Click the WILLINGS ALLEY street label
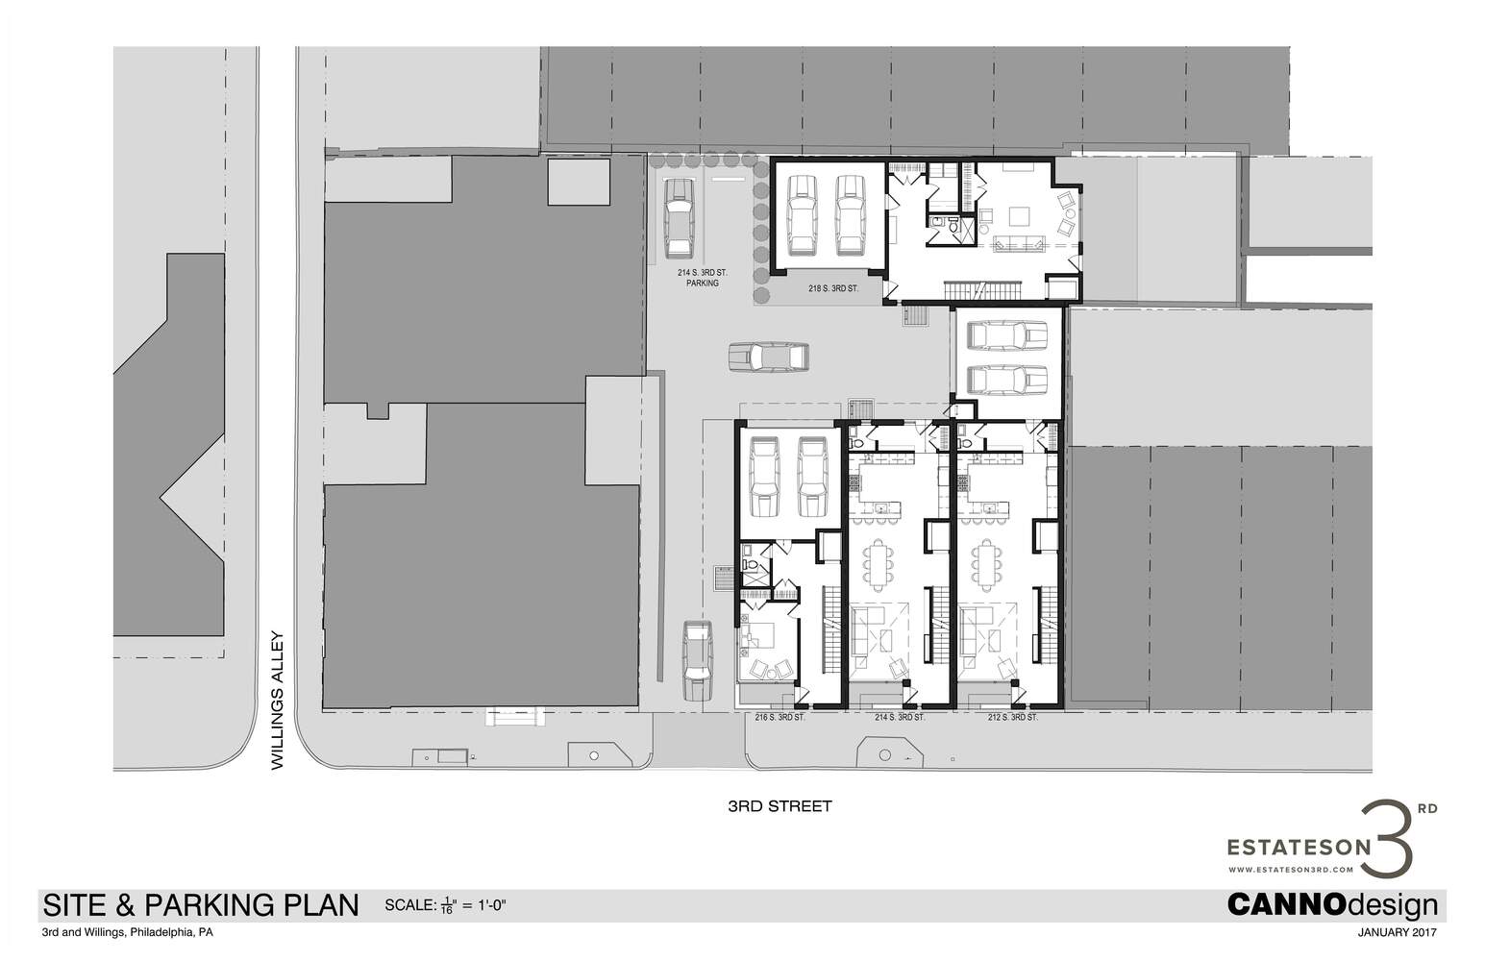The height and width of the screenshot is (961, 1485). click(x=278, y=700)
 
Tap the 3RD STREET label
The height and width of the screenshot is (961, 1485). click(x=780, y=806)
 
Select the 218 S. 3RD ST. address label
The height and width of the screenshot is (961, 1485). click(x=833, y=288)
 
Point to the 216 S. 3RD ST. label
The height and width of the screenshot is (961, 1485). click(x=780, y=717)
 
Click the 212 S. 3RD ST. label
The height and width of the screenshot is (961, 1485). click(x=1013, y=717)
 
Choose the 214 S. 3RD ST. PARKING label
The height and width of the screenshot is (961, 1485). click(x=702, y=278)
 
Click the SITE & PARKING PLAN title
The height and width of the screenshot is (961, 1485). click(x=201, y=905)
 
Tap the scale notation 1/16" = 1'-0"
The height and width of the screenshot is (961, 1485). click(x=446, y=905)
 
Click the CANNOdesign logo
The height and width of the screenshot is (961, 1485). click(x=1332, y=904)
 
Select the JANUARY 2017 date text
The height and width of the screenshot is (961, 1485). click(x=1397, y=932)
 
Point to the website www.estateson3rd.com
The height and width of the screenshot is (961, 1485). click(x=1290, y=869)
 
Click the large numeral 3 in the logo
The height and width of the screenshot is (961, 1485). click(x=1387, y=839)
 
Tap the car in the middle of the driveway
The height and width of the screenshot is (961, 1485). click(x=769, y=357)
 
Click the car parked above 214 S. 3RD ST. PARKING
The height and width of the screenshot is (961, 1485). click(x=680, y=218)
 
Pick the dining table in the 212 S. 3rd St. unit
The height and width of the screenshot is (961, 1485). click(x=987, y=565)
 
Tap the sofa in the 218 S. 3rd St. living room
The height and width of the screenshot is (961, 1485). click(x=1018, y=244)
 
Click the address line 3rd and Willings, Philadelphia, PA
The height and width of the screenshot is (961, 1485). click(x=127, y=932)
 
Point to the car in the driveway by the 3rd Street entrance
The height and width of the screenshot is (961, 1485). click(x=698, y=661)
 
